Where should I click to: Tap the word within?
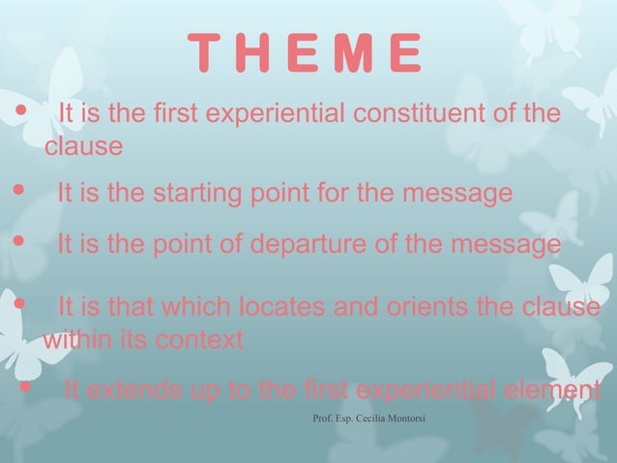(x=75, y=341)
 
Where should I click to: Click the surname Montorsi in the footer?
(x=405, y=418)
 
